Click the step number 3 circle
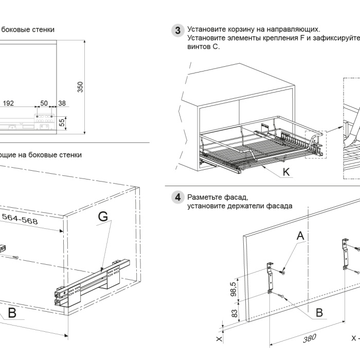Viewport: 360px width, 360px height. point(177,30)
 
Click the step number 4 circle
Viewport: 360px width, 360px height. point(177,197)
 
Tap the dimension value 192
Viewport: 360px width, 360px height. point(8,103)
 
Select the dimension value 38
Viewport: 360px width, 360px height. point(62,103)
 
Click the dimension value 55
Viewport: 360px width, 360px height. point(62,122)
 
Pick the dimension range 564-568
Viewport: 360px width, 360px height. point(19,218)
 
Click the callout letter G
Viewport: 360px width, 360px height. point(103,217)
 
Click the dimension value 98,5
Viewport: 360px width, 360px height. point(233,290)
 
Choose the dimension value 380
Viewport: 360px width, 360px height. point(309,338)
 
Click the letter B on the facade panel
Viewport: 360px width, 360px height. point(319,312)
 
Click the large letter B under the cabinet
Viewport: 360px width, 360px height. point(11,313)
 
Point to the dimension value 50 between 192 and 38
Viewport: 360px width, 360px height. point(44,103)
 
